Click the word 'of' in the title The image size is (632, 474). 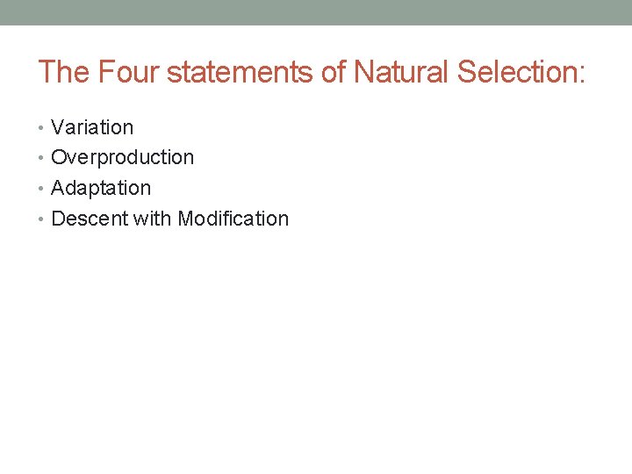[x=334, y=72]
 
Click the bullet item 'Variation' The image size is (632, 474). [x=92, y=127]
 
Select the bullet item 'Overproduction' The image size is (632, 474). [x=122, y=158]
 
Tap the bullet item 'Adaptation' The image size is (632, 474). [x=101, y=188]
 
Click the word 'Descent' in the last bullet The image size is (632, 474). [x=90, y=219]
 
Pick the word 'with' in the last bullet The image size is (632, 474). [x=153, y=219]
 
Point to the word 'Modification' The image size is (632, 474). [x=233, y=219]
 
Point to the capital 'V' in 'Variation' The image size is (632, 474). [x=58, y=127]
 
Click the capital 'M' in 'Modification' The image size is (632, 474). [x=185, y=219]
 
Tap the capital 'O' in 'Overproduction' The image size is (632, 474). [x=60, y=158]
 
